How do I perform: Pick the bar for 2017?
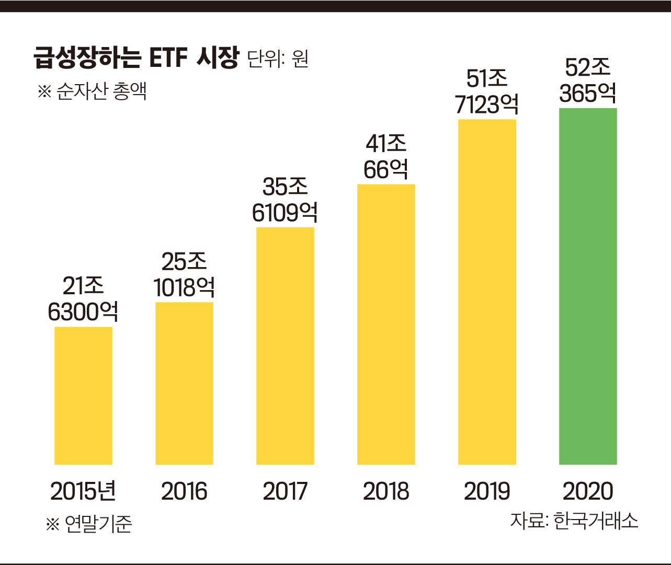coord(285,345)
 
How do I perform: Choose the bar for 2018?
coord(386,324)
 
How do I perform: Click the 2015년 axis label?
coord(83,491)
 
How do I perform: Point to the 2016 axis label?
coord(184,491)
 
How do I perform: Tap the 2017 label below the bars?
coord(285,491)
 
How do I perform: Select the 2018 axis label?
coord(386,491)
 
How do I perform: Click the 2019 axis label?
coord(487,491)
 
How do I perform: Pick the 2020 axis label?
coord(588,491)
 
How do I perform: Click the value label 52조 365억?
coord(588,81)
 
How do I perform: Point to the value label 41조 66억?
coord(386,157)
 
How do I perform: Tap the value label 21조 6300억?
coord(83,299)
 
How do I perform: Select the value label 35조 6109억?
coord(285,200)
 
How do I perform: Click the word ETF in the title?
coord(168,57)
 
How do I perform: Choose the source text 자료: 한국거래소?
coord(574,521)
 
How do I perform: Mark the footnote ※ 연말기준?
coord(89,523)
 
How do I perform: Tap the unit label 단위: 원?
coord(278,59)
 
